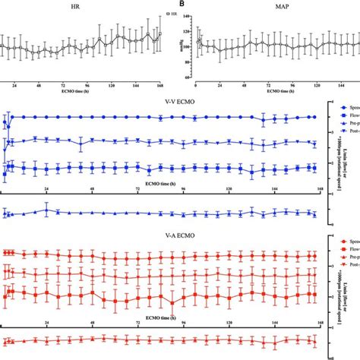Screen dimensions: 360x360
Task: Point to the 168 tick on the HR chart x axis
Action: click(159, 87)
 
